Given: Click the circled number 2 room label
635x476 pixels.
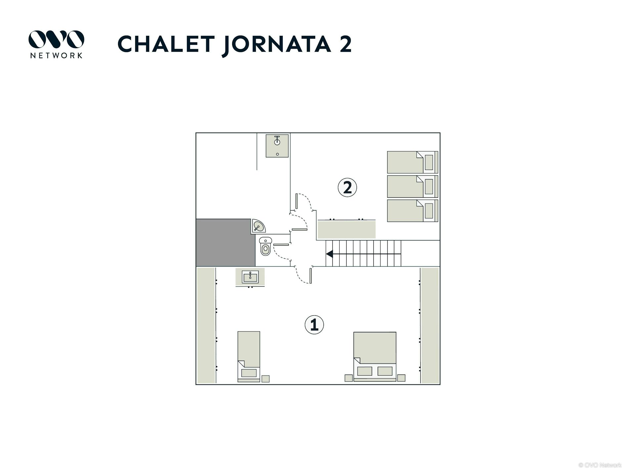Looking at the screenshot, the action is (347, 187).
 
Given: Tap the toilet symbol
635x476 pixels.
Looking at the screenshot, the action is (265, 246).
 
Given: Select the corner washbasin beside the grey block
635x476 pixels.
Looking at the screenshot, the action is (258, 226).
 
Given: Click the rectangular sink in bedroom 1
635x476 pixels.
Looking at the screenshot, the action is (250, 277).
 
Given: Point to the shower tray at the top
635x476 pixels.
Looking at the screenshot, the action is (277, 145).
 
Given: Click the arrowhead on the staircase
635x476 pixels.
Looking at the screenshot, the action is (329, 254).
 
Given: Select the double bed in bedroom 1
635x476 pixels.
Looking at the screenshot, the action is (375, 357).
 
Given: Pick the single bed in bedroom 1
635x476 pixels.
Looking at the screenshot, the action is (249, 357).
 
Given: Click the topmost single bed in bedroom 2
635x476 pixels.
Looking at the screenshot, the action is (412, 162).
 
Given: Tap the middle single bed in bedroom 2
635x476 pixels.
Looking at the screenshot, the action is (412, 186).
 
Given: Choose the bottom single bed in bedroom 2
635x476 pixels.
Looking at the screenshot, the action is (412, 211).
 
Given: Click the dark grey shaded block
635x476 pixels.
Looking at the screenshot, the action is (225, 243).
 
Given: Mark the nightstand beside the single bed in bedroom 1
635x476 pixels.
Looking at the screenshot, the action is (265, 379).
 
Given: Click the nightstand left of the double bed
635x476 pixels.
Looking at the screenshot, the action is (349, 378).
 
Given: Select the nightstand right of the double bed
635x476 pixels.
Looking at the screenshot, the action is (401, 378).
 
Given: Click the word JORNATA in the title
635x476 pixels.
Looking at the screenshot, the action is (276, 45).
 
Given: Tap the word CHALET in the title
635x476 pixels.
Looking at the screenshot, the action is (166, 44).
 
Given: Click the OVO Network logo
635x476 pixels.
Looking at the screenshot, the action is (56, 44).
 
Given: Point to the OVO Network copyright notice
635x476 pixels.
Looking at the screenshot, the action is (600, 465).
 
